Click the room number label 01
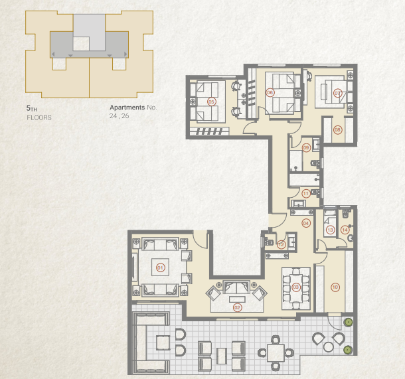160,267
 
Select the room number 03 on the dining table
296,287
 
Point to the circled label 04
306,223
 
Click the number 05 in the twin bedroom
212,102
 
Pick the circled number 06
270,92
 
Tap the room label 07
337,93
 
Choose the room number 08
337,129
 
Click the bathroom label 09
306,147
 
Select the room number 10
335,287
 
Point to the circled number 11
305,194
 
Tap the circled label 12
282,244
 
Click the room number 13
331,230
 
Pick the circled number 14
345,230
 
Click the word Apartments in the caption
127,107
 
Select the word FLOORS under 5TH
39,117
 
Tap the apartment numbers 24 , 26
120,116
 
